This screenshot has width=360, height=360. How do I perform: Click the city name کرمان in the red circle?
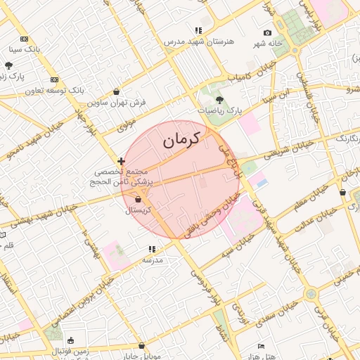(x=181, y=139)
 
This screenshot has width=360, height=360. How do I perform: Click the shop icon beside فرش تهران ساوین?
(x=116, y=91)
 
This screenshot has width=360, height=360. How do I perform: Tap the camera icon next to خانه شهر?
(x=267, y=33)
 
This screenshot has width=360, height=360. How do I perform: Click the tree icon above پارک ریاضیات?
(x=219, y=100)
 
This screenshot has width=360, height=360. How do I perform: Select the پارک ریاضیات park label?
(x=219, y=110)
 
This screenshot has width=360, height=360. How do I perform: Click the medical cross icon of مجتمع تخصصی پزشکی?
(x=122, y=161)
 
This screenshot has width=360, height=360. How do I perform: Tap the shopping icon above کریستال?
(x=147, y=200)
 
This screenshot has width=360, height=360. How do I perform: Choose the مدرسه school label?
(x=153, y=259)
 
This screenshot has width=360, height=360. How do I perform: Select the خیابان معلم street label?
(x=311, y=200)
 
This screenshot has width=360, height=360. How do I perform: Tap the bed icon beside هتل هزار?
(x=262, y=347)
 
